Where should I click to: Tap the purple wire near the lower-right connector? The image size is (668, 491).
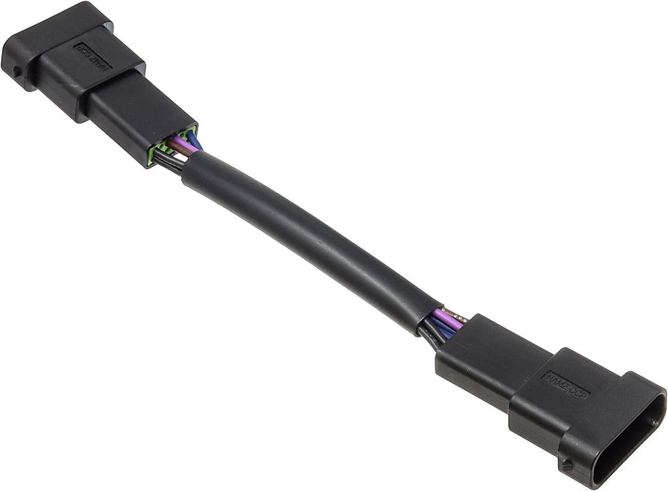(x=449, y=320)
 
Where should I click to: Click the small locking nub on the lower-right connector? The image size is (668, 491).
(x=568, y=466)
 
